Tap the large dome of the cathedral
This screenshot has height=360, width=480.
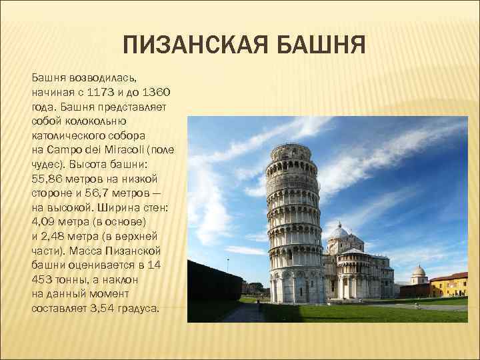pyautogui.click(x=339, y=232)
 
